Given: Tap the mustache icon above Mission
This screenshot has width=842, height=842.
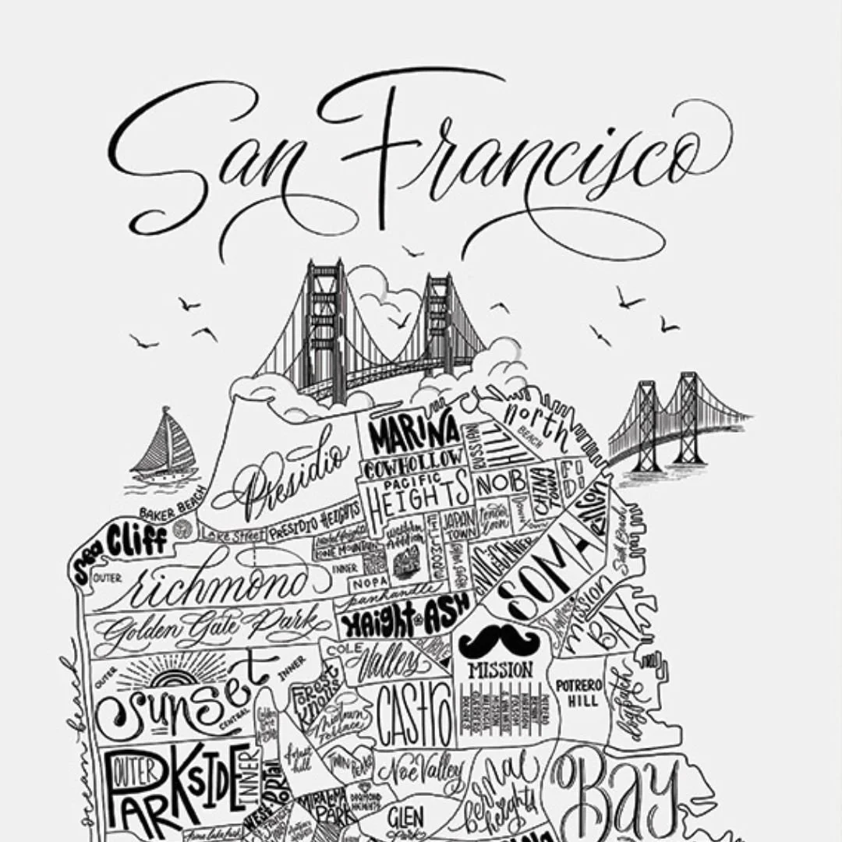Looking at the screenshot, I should (x=499, y=641).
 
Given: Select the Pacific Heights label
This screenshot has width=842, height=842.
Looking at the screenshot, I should (x=413, y=492).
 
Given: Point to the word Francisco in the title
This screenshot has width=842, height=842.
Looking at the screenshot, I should (x=515, y=160).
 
